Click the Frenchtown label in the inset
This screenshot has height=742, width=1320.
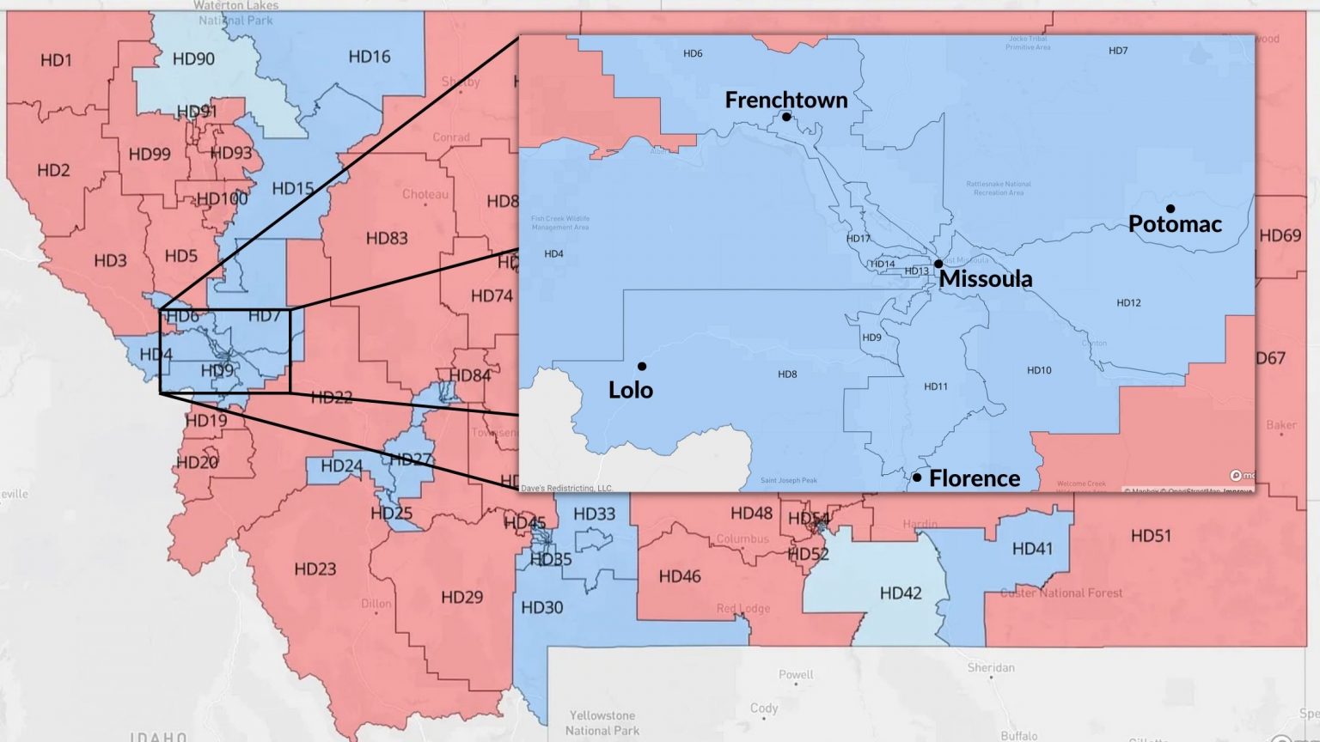tap(785, 100)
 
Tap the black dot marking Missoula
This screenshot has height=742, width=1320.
tap(938, 264)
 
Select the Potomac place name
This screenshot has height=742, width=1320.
tap(1174, 224)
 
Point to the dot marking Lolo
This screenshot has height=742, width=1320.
tap(642, 367)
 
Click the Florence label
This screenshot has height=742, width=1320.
tap(975, 478)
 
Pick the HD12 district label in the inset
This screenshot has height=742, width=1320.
tap(1128, 302)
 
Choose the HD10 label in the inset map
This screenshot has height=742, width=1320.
tap(1039, 370)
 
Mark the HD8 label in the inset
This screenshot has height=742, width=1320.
tap(787, 374)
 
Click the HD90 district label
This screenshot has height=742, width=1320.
tap(193, 58)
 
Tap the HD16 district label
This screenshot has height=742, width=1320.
tap(369, 57)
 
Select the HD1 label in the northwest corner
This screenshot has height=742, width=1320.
tap(56, 60)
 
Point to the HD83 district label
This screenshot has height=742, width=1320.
tap(387, 238)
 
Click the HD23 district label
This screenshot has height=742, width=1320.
tap(315, 569)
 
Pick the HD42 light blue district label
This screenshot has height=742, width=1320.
tap(900, 593)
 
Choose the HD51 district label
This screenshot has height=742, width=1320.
tap(1151, 536)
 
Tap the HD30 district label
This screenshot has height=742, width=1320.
tap(541, 607)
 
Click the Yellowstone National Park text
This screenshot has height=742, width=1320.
tap(602, 722)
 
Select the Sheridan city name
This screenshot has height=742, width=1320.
tap(991, 667)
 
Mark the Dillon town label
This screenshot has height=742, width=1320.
tap(376, 604)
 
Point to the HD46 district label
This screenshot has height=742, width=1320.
tap(679, 576)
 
